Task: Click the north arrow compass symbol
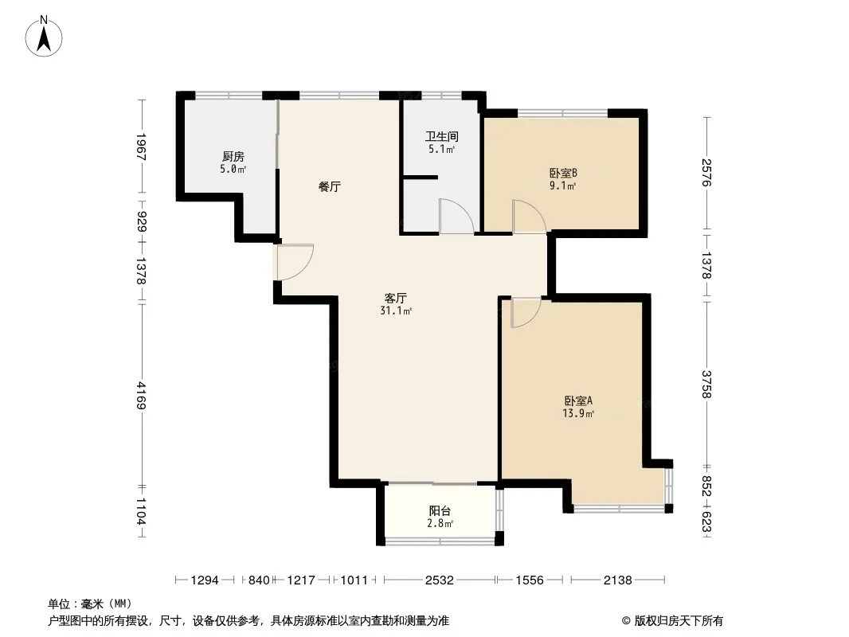(x=44, y=37)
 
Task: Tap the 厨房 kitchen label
(x=233, y=157)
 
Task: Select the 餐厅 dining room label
(x=329, y=187)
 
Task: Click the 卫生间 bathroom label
(x=441, y=137)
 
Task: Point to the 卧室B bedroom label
(x=563, y=174)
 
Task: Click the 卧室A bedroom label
(x=578, y=401)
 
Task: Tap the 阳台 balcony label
(x=440, y=511)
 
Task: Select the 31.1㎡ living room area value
(x=396, y=311)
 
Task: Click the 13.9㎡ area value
(x=578, y=414)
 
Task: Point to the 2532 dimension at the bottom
(x=439, y=580)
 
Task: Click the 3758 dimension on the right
(x=706, y=385)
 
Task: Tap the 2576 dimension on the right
(x=706, y=172)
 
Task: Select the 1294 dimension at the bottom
(x=205, y=580)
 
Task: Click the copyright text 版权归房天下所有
(x=679, y=621)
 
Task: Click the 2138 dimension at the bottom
(x=618, y=580)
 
